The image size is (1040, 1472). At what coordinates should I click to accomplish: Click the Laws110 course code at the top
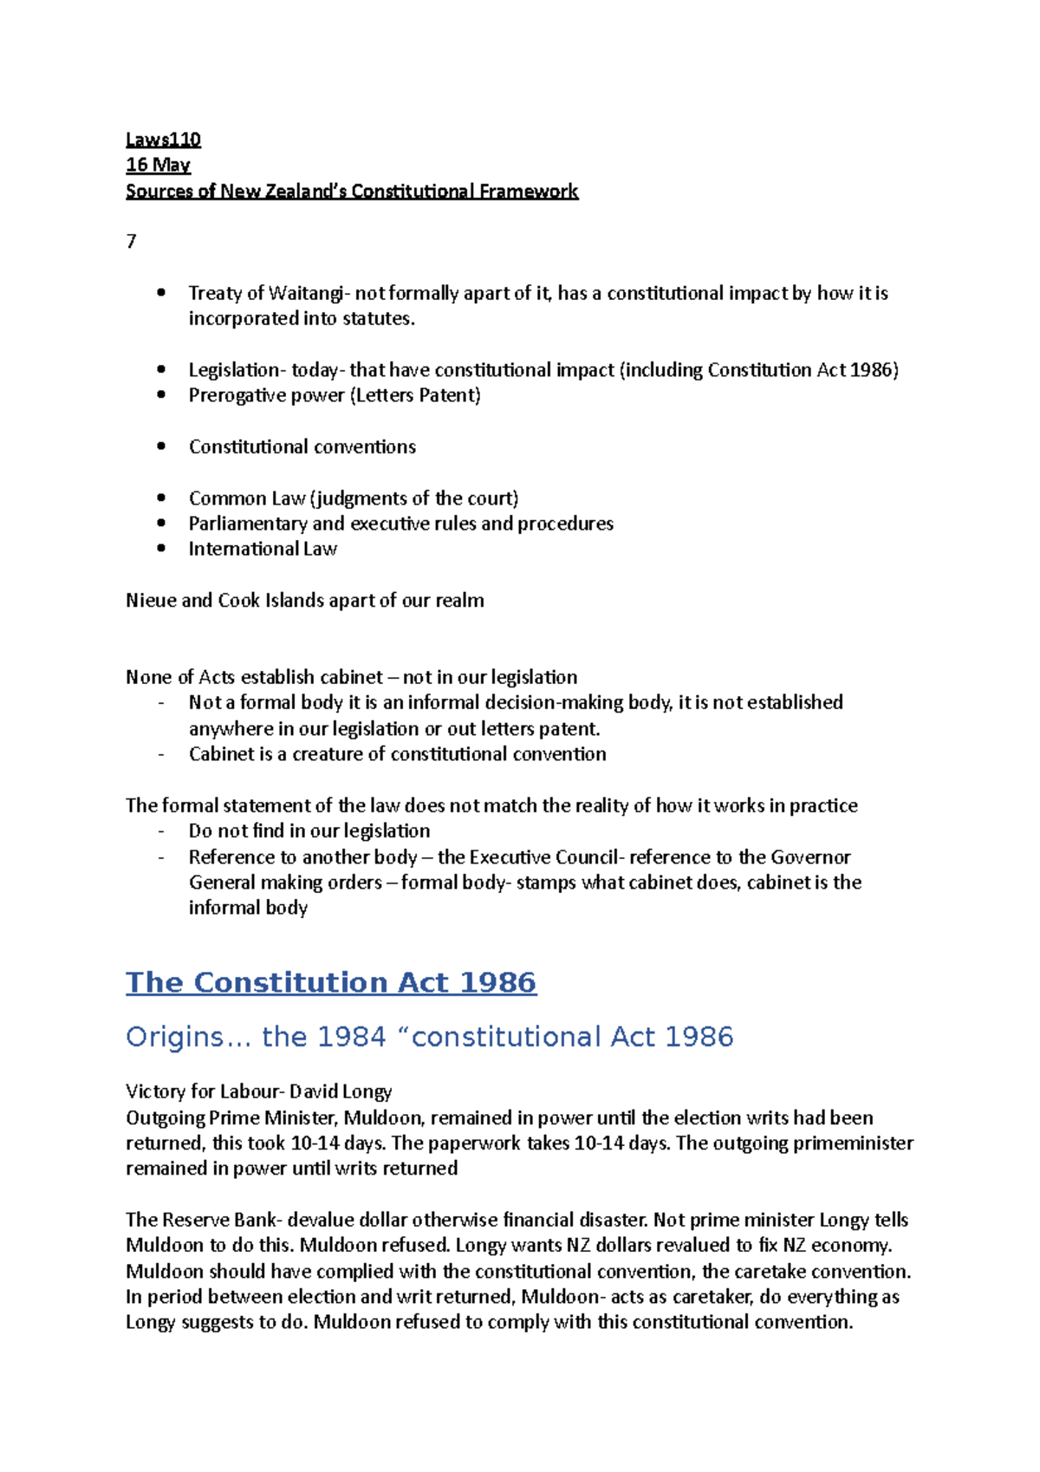click(x=163, y=140)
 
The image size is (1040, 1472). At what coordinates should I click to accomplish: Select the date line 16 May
click(x=158, y=165)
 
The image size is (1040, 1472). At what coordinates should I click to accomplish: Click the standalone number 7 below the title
click(x=131, y=242)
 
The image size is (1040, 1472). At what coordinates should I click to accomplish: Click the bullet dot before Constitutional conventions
click(x=161, y=446)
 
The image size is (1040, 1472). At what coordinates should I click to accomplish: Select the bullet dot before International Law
click(x=161, y=548)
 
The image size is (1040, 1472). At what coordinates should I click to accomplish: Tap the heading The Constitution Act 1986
click(x=331, y=982)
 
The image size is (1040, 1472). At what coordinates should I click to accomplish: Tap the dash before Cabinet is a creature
click(x=161, y=754)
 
